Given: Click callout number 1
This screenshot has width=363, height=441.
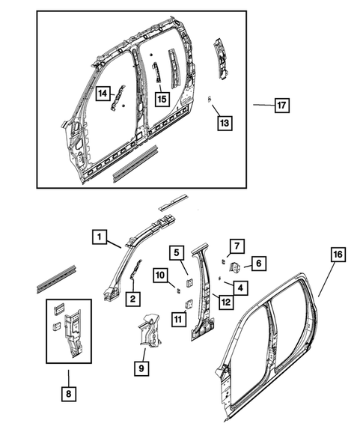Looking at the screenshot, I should point(99,237).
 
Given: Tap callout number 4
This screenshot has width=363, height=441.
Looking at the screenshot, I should point(239,287).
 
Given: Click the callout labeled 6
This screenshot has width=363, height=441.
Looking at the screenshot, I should point(256,263).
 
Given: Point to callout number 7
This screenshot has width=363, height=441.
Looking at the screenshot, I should point(235,245).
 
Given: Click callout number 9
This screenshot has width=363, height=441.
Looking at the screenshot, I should point(140,368).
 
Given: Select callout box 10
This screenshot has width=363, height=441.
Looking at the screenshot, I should point(161,276).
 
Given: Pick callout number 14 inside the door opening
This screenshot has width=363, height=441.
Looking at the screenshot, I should point(103,93).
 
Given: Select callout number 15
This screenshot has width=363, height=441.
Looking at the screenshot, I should point(161,97).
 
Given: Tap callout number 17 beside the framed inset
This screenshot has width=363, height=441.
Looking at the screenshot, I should point(281,106).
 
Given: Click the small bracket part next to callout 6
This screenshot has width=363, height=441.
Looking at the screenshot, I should point(234,267).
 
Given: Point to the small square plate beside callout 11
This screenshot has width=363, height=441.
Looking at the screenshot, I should point(189,303).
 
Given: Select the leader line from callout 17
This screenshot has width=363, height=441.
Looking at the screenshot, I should point(261,106).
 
